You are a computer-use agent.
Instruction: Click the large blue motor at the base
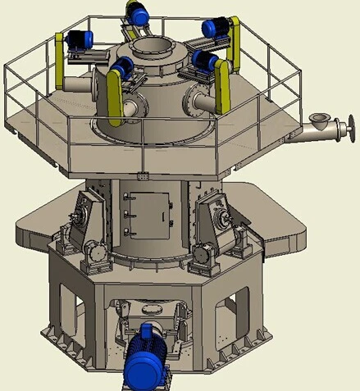(x=148, y=353)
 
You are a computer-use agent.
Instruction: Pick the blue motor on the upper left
(x=81, y=39)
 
